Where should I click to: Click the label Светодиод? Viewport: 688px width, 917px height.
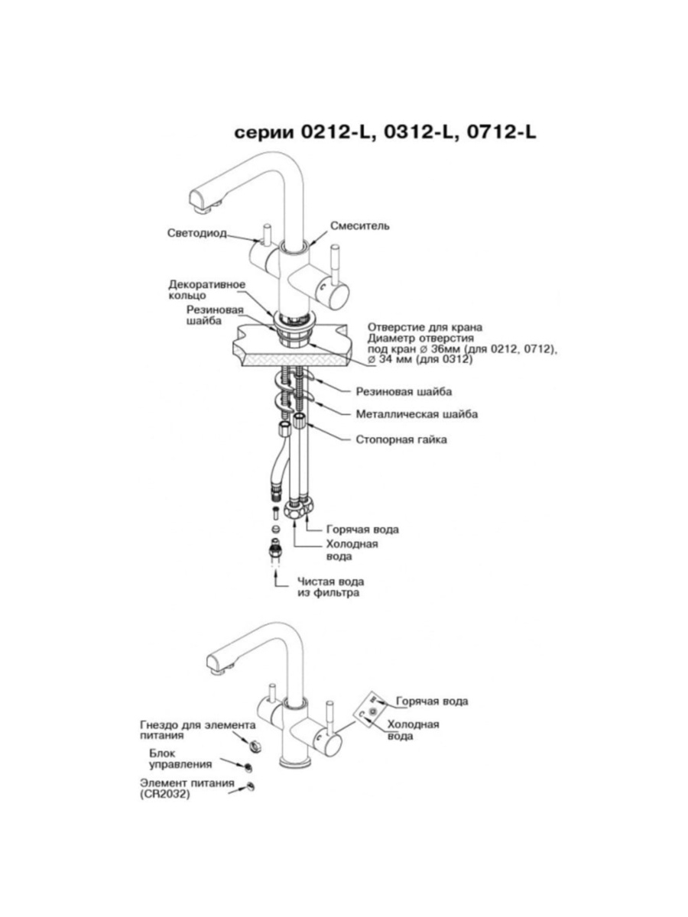tap(196, 233)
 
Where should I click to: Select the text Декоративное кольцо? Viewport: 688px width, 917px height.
tap(206, 290)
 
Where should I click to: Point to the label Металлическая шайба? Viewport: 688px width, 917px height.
tap(417, 414)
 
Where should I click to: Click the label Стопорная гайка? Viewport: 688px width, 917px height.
tap(401, 439)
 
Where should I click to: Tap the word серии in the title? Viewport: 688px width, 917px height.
tap(262, 133)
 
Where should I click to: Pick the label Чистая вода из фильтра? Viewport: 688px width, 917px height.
tap(330, 587)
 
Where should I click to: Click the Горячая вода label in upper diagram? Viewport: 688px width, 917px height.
tap(362, 529)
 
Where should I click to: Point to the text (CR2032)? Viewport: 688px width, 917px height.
tap(164, 795)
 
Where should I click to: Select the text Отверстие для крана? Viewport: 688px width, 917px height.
tap(425, 327)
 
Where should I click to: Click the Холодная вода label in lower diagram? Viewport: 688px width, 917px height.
tap(412, 731)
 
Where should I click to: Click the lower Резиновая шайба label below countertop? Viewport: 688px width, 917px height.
tap(403, 391)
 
